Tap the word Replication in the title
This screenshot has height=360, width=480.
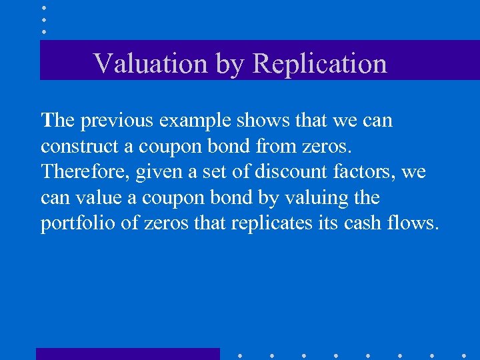[x=320, y=63]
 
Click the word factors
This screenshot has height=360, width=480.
[x=361, y=172]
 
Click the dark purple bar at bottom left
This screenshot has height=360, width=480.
[x=127, y=353]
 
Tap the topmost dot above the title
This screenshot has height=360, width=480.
[x=44, y=7]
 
